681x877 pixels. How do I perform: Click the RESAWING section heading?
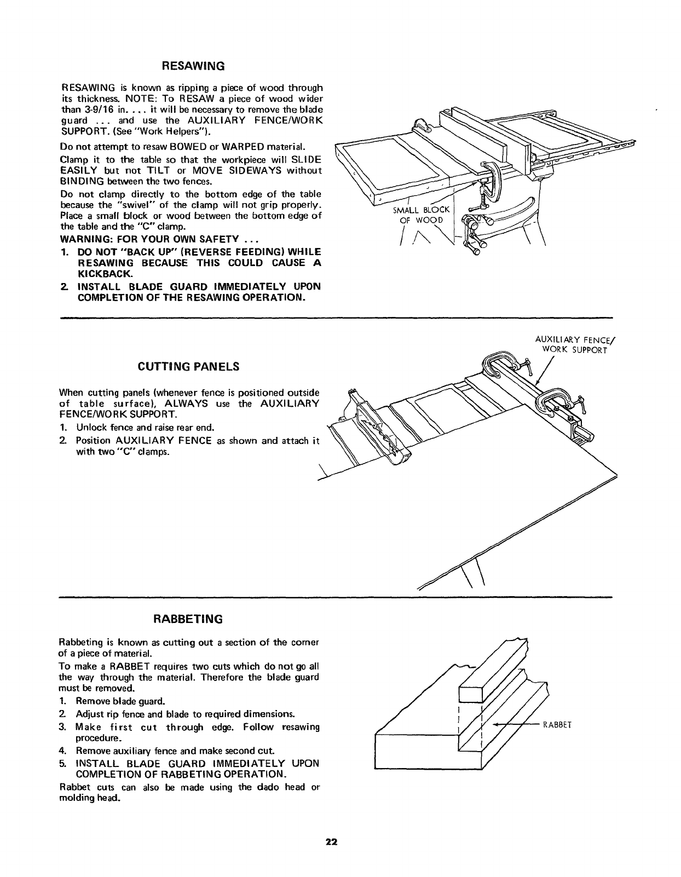(x=191, y=66)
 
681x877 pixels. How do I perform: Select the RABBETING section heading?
(x=188, y=619)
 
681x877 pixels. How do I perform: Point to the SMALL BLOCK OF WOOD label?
(x=421, y=215)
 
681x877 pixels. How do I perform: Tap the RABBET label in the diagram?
(x=557, y=725)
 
